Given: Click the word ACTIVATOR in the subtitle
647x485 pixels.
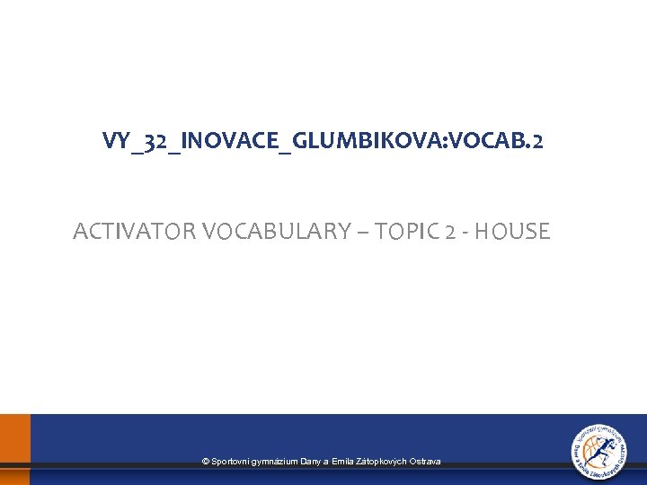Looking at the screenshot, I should point(135,232).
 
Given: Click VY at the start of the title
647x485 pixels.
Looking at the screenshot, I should point(115,141).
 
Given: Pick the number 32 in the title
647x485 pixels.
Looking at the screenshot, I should point(156,141).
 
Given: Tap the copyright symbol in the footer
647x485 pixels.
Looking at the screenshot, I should point(206,461).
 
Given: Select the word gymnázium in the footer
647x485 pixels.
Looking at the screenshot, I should point(275,461).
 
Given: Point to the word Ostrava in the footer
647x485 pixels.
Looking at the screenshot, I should point(425,461).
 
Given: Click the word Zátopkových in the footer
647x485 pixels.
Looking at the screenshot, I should point(381,461).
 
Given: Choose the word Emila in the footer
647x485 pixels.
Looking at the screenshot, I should point(342,461).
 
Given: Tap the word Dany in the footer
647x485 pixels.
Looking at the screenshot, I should point(311,461).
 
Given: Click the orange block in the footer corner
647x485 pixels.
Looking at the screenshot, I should point(14,449).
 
